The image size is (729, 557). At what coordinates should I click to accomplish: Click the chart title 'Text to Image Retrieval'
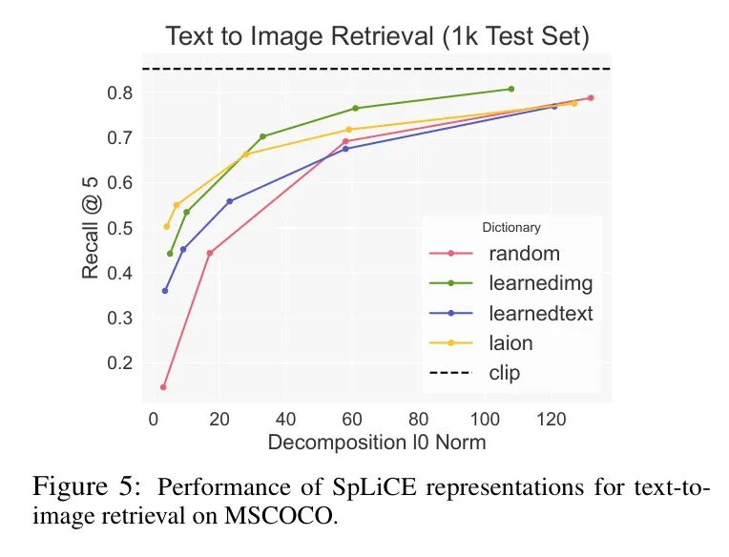377,37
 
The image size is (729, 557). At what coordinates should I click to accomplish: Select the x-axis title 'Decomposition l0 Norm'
377,443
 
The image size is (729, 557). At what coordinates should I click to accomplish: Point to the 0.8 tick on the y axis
119,93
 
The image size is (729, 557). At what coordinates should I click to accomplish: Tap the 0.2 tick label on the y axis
119,362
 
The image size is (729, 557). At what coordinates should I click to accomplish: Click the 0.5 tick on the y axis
119,228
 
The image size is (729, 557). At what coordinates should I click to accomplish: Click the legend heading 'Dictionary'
511,228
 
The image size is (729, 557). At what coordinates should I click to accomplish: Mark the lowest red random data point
163,387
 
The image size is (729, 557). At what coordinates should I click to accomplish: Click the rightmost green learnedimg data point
511,89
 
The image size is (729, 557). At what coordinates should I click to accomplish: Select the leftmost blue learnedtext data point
165,290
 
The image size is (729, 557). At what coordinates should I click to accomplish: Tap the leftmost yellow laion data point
167,226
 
